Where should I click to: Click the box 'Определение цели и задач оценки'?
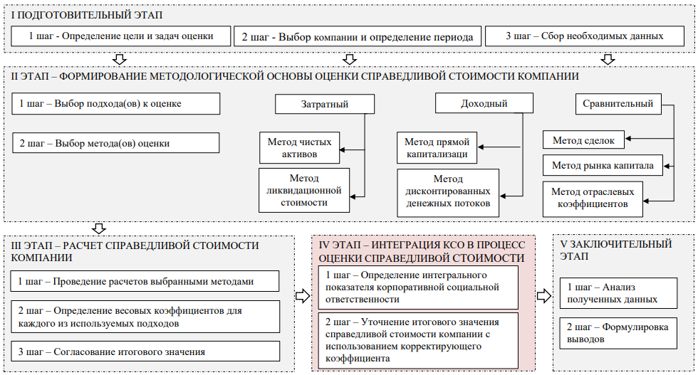pyautogui.click(x=122, y=36)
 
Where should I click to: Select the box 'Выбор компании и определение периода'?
pyautogui.click(x=358, y=36)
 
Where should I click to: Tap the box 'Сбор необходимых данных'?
pyautogui.click(x=583, y=36)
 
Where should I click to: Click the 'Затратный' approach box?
pyautogui.click(x=324, y=104)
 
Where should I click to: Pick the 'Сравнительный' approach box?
pyautogui.click(x=618, y=104)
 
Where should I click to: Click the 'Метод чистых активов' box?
pyautogui.click(x=295, y=147)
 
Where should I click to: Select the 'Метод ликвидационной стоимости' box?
pyautogui.click(x=304, y=190)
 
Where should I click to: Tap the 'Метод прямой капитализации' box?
pyautogui.click(x=437, y=148)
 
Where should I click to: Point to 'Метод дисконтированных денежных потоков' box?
pyautogui.click(x=448, y=192)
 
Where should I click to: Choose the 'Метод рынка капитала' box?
pyautogui.click(x=603, y=166)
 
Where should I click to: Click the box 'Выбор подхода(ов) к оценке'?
pyautogui.click(x=116, y=104)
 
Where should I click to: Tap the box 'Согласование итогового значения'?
pyautogui.click(x=146, y=352)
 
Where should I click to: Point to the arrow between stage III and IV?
pyautogui.click(x=303, y=295)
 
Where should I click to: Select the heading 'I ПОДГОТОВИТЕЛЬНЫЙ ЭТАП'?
pyautogui.click(x=75, y=14)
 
